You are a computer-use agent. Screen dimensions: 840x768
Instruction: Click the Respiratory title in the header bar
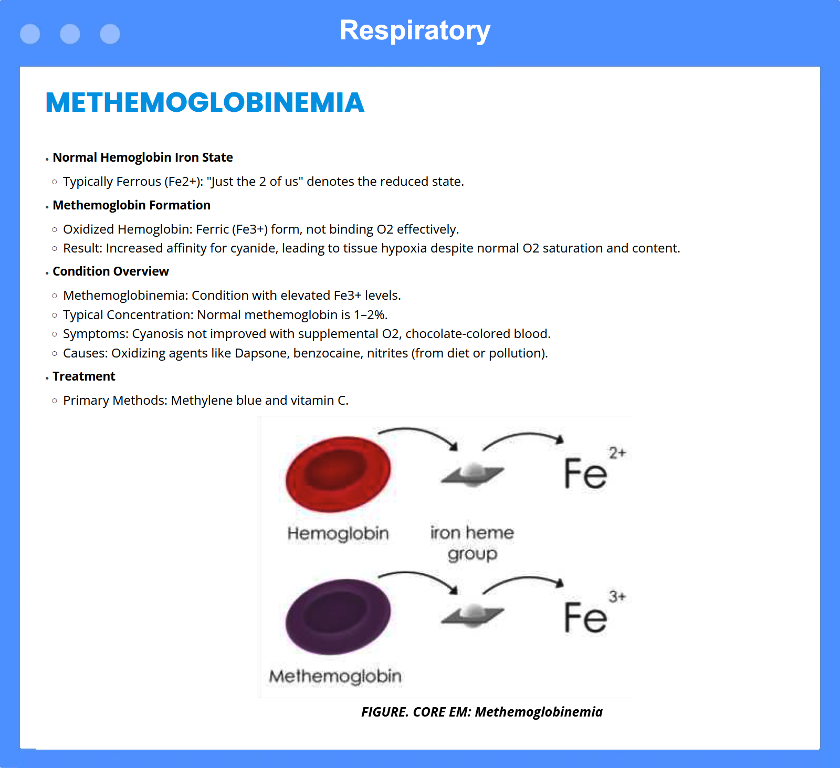click(415, 30)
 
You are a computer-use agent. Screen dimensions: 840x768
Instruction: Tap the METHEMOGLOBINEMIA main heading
click(205, 102)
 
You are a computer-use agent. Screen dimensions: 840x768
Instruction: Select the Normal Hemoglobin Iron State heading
click(143, 157)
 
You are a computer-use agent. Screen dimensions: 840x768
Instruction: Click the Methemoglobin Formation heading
click(131, 205)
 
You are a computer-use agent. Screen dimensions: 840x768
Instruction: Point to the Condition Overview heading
click(111, 271)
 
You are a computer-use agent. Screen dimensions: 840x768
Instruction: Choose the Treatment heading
click(84, 376)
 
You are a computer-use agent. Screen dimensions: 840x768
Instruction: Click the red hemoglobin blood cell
click(338, 475)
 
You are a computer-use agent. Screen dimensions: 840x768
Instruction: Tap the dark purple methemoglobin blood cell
click(338, 617)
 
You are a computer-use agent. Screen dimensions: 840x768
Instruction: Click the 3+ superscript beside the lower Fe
click(617, 596)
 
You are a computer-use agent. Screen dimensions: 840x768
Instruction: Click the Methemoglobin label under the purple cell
click(335, 677)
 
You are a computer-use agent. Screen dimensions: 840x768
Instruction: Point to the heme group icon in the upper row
click(472, 475)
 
